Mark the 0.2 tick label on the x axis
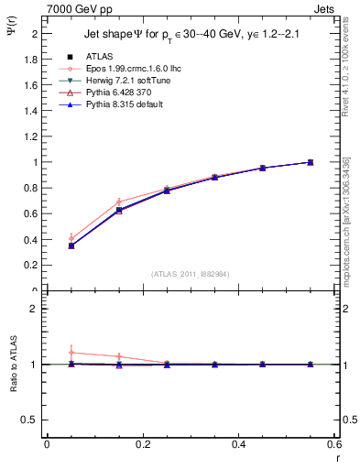[143, 444]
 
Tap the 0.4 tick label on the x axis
[238, 444]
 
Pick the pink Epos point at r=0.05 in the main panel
[71, 238]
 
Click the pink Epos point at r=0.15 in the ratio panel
[119, 356]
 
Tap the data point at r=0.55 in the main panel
[310, 162]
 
